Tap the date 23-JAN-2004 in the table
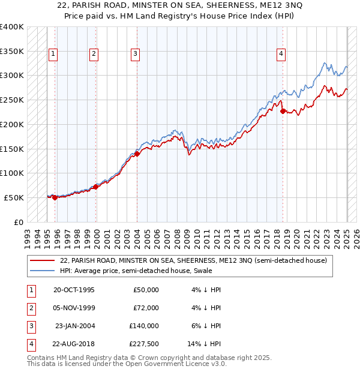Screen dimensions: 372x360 pyautogui.click(x=75, y=326)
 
